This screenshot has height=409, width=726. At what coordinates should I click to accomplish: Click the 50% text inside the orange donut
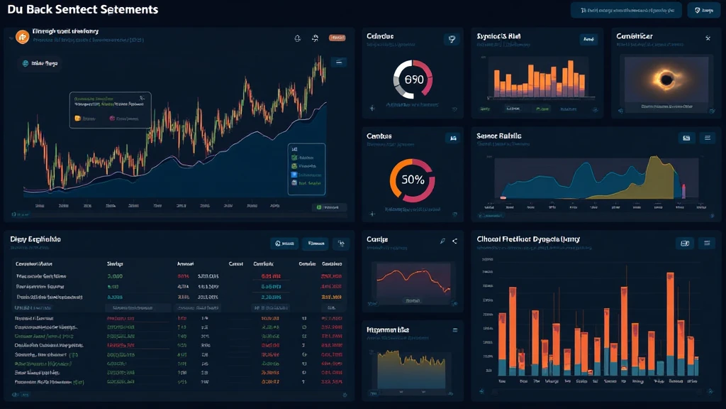(x=413, y=180)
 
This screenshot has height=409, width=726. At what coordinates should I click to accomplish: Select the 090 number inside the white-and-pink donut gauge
(x=413, y=80)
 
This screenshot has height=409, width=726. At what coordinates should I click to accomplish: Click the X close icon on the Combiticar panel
(x=708, y=38)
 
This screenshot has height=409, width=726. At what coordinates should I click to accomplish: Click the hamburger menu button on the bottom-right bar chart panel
(x=707, y=243)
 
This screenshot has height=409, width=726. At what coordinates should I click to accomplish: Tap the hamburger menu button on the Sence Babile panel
(x=707, y=138)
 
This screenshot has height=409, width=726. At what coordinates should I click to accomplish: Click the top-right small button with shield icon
(x=703, y=11)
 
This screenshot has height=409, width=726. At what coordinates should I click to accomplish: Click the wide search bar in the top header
(x=626, y=11)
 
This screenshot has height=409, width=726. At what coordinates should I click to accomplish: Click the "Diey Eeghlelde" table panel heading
(x=35, y=240)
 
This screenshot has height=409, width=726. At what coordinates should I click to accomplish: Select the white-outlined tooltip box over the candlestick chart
(x=109, y=109)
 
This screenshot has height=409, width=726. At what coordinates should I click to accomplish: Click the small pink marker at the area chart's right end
(x=684, y=190)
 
